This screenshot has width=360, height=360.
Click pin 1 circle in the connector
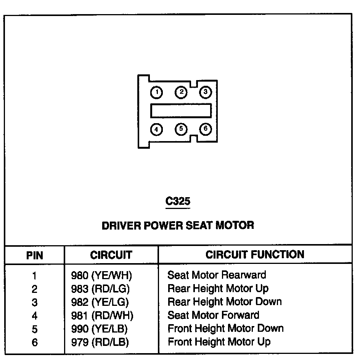click(x=156, y=92)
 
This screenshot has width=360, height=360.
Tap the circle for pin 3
click(x=205, y=92)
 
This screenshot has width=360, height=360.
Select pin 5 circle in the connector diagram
click(x=181, y=129)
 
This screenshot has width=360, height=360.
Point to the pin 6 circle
click(x=205, y=129)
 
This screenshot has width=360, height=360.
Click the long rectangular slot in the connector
click(x=181, y=111)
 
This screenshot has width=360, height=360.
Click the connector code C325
click(x=178, y=201)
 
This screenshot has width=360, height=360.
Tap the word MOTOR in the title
click(x=235, y=225)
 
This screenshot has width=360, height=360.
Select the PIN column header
click(x=35, y=255)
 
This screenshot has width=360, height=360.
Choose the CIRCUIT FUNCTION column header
click(x=255, y=254)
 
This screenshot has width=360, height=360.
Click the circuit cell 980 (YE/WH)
click(x=101, y=275)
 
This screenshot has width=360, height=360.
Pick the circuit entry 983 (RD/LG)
click(x=101, y=288)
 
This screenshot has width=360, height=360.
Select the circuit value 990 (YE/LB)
click(x=100, y=328)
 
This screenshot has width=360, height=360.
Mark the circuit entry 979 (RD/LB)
click(x=100, y=342)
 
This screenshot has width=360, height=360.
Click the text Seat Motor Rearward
click(x=217, y=275)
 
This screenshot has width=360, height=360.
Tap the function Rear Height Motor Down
click(x=224, y=302)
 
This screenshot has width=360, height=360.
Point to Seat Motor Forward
click(x=213, y=315)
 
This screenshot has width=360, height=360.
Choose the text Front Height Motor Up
click(x=219, y=341)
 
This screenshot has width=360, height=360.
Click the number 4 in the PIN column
click(x=35, y=316)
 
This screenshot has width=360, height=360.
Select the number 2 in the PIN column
click(x=35, y=289)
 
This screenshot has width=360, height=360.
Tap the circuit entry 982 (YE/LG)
click(x=100, y=302)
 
